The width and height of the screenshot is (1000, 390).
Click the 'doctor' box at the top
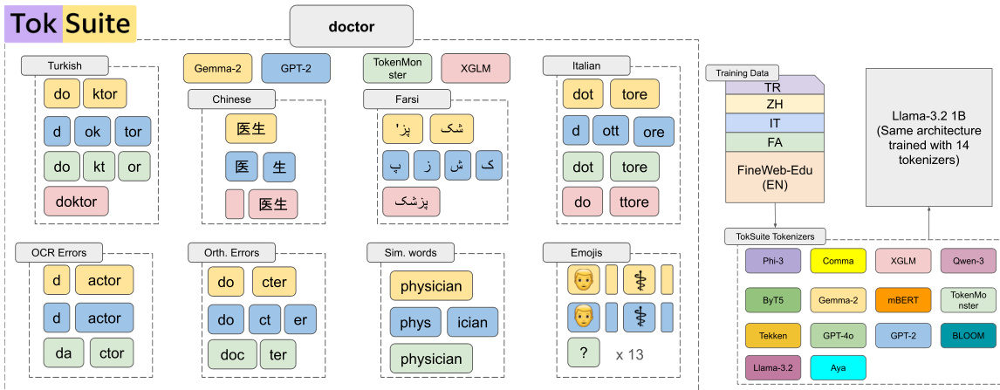pos(351,26)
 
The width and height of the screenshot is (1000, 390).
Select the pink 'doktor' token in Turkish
pos(76,201)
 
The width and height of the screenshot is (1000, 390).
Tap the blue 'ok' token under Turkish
pos(92,131)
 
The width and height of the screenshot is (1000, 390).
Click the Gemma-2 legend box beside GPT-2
pos(218,68)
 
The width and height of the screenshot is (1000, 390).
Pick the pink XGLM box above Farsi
pos(476,68)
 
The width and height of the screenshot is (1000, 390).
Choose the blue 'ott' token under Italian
pos(610,131)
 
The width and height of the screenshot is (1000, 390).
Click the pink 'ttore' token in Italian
pos(634,202)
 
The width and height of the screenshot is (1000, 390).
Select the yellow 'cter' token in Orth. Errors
pos(275,282)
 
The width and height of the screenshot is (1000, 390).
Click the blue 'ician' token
pos(472,322)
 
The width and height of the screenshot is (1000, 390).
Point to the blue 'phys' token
pos(415,322)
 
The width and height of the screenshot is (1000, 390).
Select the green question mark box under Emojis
pos(582,352)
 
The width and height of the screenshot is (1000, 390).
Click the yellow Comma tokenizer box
pos(838,261)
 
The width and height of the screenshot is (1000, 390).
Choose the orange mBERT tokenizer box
pos(903,299)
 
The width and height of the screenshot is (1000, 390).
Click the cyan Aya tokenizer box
pos(838,367)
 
